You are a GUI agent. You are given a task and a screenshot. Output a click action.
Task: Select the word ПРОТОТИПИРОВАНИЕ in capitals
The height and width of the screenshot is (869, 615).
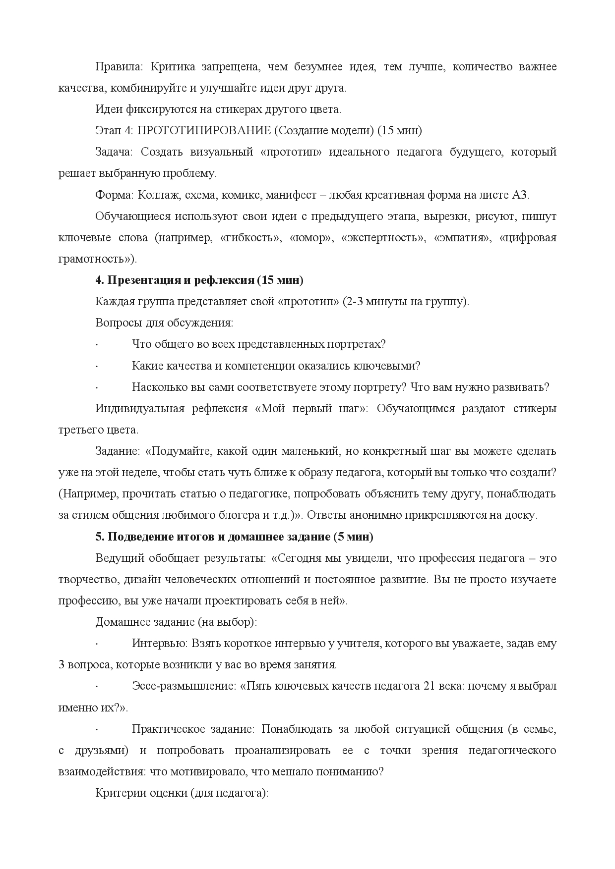[x=204, y=131]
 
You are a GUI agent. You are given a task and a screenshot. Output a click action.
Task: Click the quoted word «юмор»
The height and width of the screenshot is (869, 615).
[x=311, y=238]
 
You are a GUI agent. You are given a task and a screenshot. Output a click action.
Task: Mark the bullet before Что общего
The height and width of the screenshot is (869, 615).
[x=96, y=345]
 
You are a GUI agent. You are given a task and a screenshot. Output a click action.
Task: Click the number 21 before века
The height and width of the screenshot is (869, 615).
[x=430, y=686]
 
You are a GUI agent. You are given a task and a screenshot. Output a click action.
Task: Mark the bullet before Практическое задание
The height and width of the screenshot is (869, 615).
[x=96, y=730]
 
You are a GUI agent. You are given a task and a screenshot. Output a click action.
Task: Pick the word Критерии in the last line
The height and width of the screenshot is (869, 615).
[x=118, y=793]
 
